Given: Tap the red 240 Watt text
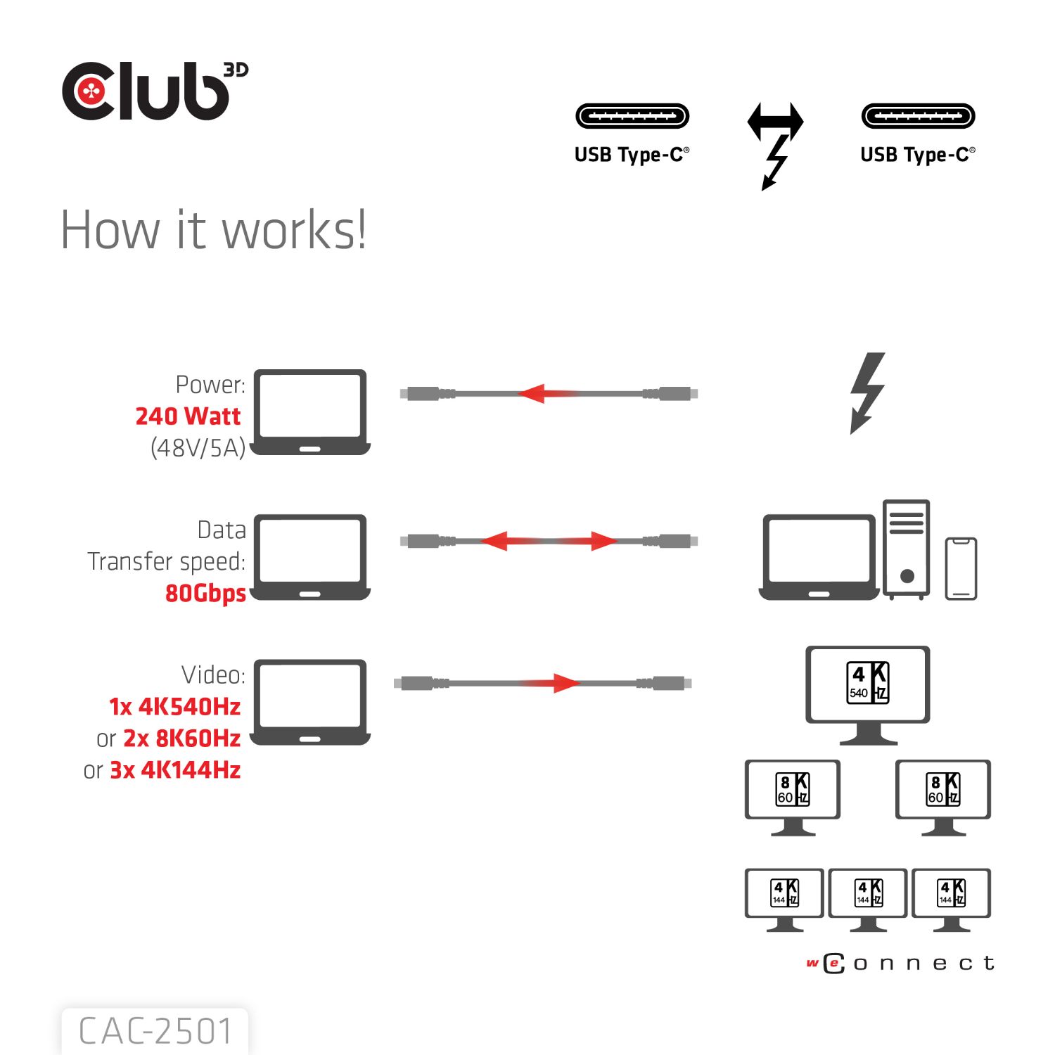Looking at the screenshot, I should pos(188,416).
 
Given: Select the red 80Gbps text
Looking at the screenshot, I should pos(205,593).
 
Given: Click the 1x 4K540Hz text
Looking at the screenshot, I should pos(174,706).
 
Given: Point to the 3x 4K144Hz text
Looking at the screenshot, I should pos(175,770).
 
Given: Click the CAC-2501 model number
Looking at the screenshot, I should pos(155,1032).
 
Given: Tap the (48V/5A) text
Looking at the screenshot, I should pos(198,448).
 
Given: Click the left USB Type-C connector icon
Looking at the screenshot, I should pos(632,116).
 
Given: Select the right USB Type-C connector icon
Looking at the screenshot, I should pos(918,116).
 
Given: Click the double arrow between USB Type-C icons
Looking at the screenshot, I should pos(775,121).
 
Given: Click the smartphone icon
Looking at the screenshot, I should pos(961,568).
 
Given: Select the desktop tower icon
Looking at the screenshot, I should pos(907,549).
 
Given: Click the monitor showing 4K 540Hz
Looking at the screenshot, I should pos(867,693).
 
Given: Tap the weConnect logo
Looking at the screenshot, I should pos(900,963).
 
